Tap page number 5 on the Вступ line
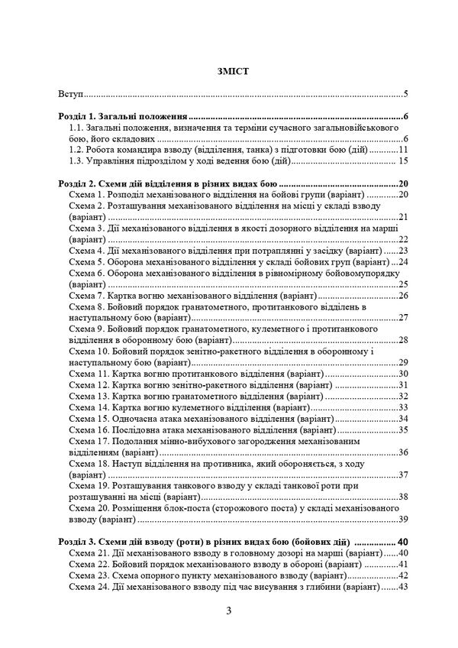[406, 96]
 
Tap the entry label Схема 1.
[85, 195]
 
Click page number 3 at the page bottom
[228, 610]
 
